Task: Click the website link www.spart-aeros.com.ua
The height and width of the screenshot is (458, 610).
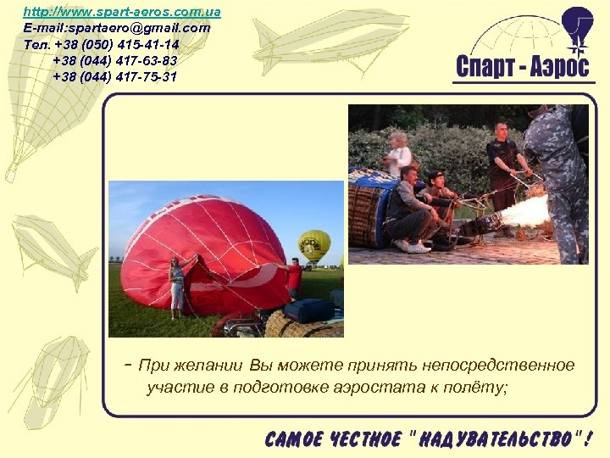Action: [121, 13]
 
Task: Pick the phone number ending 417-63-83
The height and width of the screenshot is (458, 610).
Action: [115, 60]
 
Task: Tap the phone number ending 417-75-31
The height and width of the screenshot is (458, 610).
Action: [115, 76]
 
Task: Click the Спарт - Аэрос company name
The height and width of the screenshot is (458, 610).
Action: [522, 66]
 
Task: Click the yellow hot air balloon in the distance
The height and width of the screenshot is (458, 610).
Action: [313, 245]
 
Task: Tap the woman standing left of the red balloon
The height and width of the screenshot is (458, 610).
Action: [177, 288]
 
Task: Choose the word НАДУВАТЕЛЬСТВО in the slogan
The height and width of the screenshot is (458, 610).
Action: [496, 439]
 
